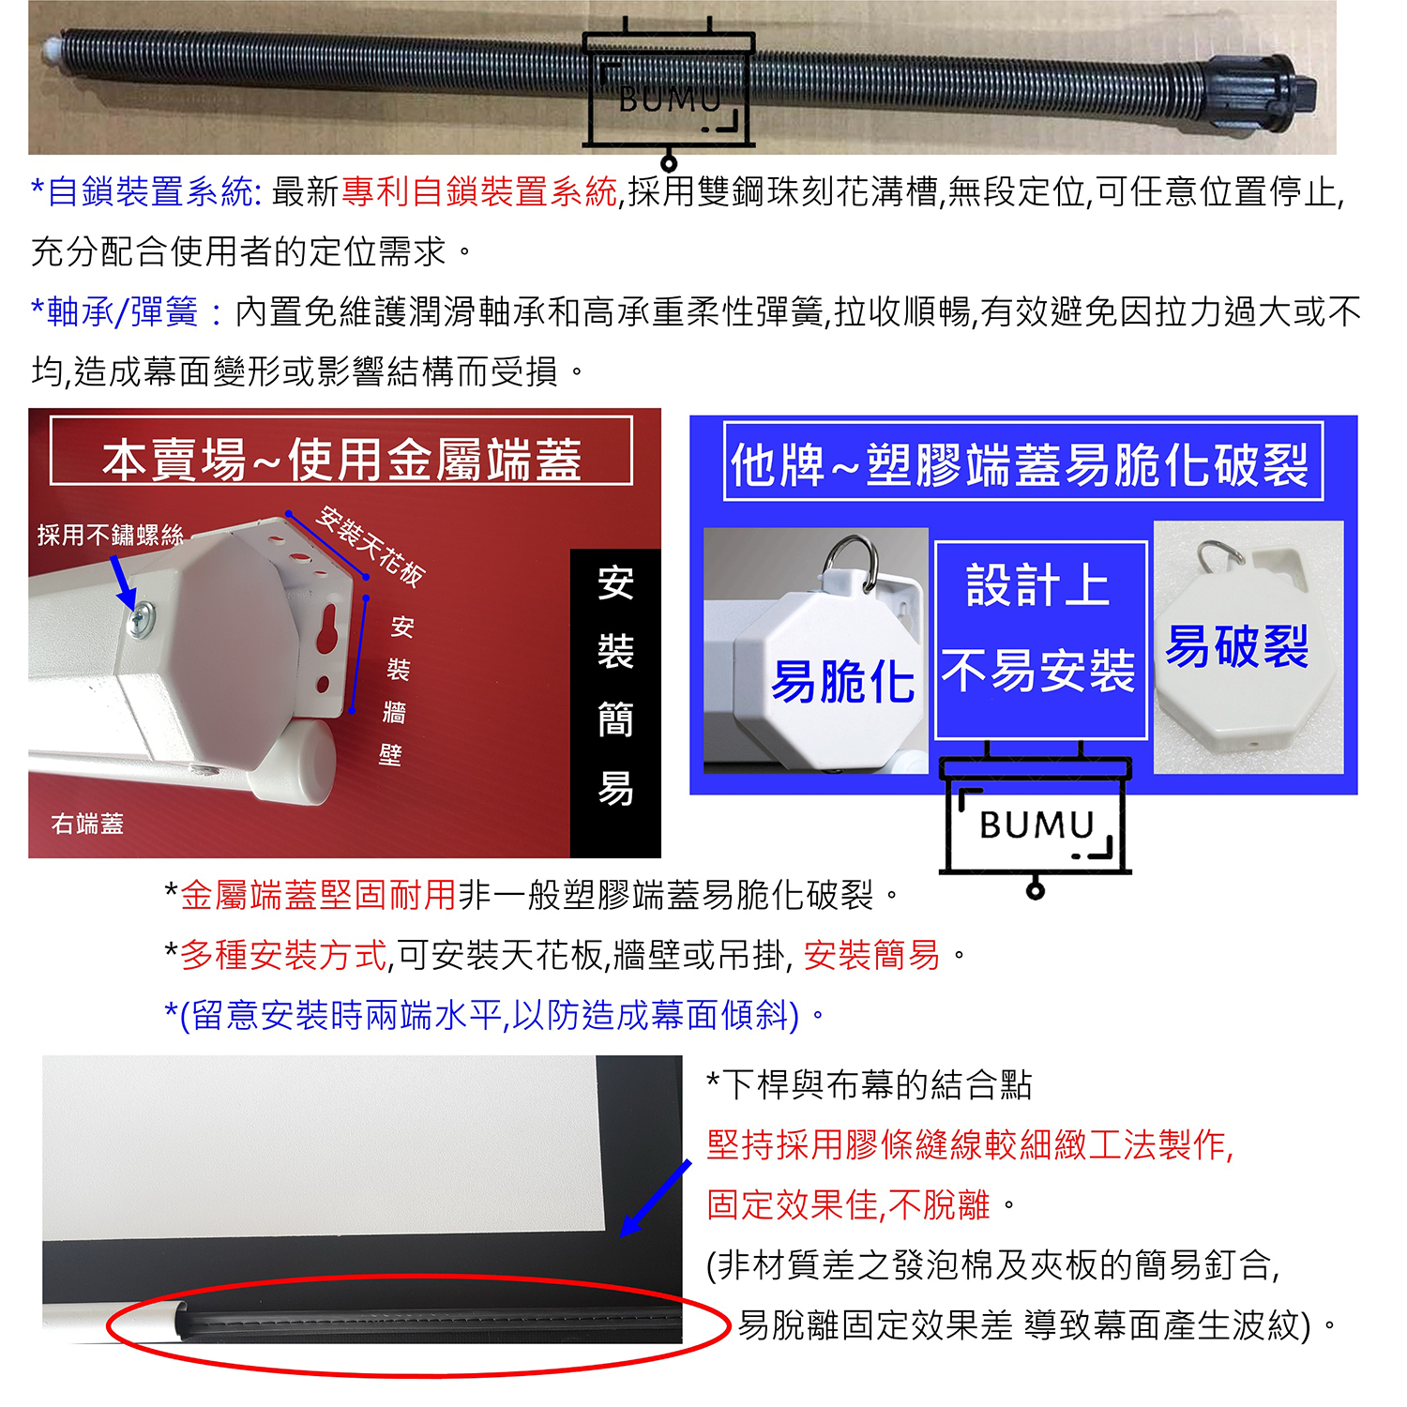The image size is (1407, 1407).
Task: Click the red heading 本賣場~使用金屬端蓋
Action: click(341, 460)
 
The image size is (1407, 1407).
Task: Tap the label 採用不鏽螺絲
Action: click(110, 536)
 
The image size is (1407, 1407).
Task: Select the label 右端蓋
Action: click(87, 824)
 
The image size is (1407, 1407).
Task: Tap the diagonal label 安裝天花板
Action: click(371, 546)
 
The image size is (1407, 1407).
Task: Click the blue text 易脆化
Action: click(841, 681)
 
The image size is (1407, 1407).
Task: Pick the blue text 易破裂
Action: click(1236, 646)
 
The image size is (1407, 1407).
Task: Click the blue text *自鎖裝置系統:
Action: click(146, 191)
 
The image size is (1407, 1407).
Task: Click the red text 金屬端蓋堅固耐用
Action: click(318, 895)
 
